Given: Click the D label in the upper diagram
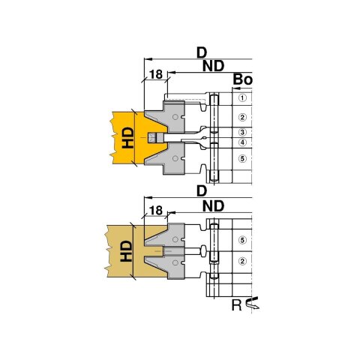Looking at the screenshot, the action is pos(202,52).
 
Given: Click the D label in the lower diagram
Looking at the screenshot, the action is pos(202,191).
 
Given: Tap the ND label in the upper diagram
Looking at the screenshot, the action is pos(213,66).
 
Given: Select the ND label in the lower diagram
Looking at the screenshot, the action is pos(213,206).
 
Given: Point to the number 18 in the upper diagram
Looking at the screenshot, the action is pos(156,74).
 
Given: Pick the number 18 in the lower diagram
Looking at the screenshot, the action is pos(156,211).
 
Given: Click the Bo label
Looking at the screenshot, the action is pos(243,79).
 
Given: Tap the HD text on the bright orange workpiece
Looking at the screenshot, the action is pos(127,138).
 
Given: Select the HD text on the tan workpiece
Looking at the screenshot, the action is pos(126,251).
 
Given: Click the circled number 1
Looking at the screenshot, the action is pos(242,97).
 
